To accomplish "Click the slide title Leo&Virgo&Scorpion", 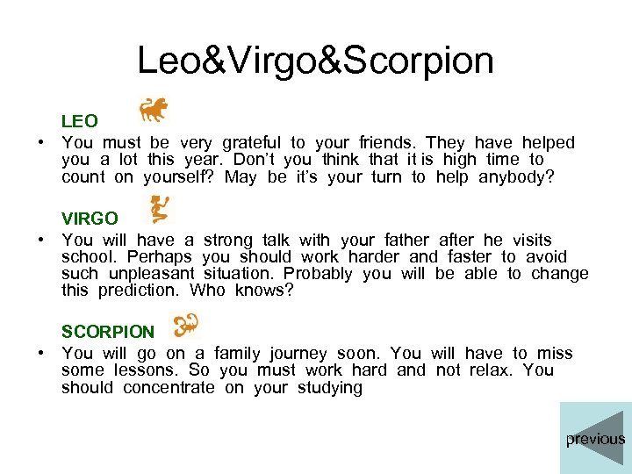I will (x=315, y=61).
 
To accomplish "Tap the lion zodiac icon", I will (x=154, y=110).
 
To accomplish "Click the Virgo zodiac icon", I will (x=162, y=208).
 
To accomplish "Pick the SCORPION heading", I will (x=107, y=332).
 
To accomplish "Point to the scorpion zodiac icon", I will (x=186, y=325).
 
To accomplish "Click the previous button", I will (x=595, y=438).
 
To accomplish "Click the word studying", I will (x=329, y=387).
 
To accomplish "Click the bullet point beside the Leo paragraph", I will (x=40, y=143).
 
